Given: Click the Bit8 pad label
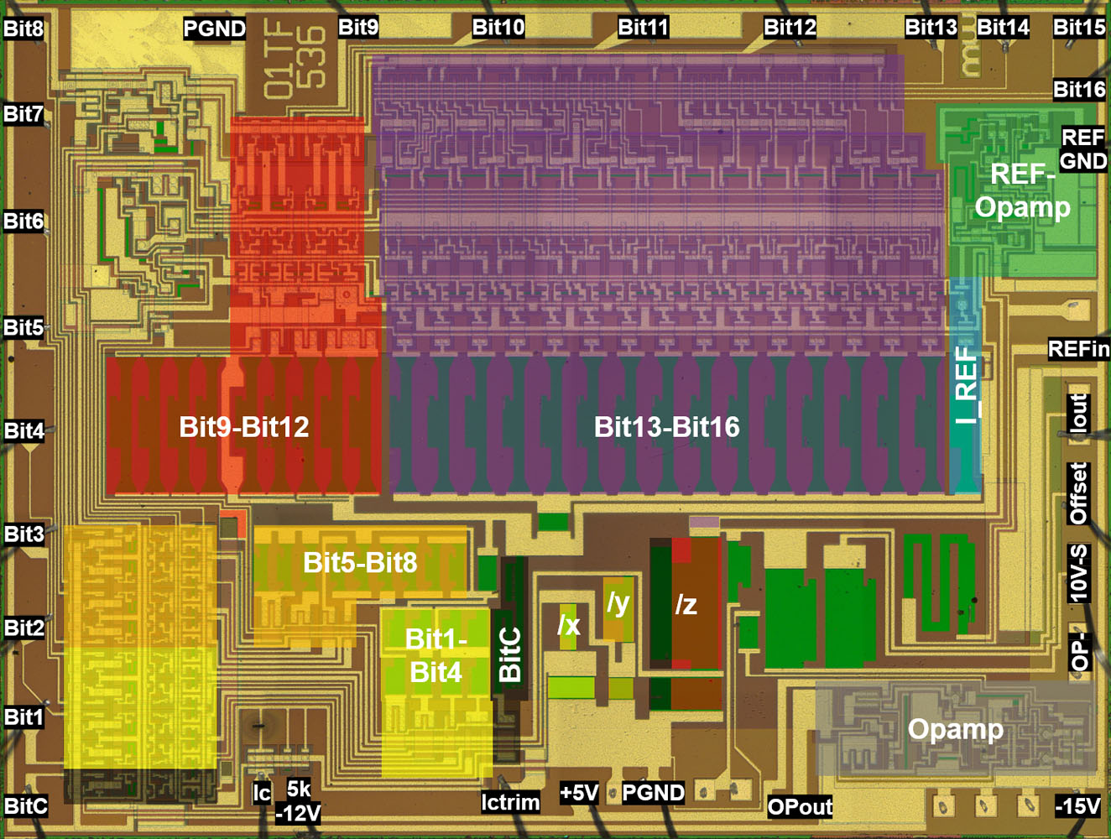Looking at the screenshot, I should [x=23, y=29].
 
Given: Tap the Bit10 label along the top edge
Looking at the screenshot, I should [x=498, y=28].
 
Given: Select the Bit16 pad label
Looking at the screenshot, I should [x=1079, y=90].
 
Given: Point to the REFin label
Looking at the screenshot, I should [x=1078, y=349].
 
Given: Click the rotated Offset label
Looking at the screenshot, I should [x=1078, y=492].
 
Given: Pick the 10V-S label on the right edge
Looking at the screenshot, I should [x=1078, y=573].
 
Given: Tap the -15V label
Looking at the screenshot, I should [x=1077, y=806].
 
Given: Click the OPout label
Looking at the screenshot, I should [x=800, y=807].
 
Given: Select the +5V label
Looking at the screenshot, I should [x=579, y=793].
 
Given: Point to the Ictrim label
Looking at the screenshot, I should [x=510, y=803].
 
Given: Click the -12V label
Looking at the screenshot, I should [x=299, y=814].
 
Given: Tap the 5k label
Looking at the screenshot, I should [x=299, y=789].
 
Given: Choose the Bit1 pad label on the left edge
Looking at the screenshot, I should [x=23, y=717].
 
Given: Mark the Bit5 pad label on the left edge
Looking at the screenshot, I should [x=23, y=327].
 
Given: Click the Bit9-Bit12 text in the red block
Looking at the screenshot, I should [x=244, y=427].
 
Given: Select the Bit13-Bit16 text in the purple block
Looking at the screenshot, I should [x=666, y=427].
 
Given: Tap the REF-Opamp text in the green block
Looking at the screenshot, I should [x=1022, y=190].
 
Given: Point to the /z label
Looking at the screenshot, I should [x=686, y=604].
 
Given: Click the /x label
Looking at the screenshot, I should [x=569, y=625].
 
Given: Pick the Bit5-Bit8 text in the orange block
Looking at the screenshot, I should [x=360, y=562].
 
